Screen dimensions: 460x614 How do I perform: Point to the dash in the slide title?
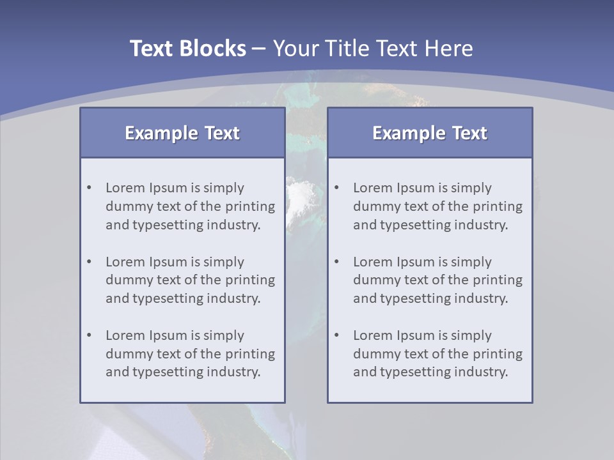(x=259, y=49)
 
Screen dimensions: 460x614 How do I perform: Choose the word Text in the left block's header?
(x=221, y=133)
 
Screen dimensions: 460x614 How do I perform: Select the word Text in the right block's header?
(x=469, y=133)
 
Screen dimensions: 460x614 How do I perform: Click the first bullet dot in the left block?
(x=90, y=188)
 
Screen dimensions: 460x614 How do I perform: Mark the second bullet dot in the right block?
(x=337, y=262)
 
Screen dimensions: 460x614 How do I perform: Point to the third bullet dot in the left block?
(x=90, y=335)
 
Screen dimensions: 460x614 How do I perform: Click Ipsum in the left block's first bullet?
(x=167, y=188)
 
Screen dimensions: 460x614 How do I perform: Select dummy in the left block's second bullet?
(x=125, y=280)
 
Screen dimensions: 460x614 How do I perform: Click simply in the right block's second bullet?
(x=471, y=262)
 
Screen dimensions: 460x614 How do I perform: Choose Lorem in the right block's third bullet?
(x=372, y=335)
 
